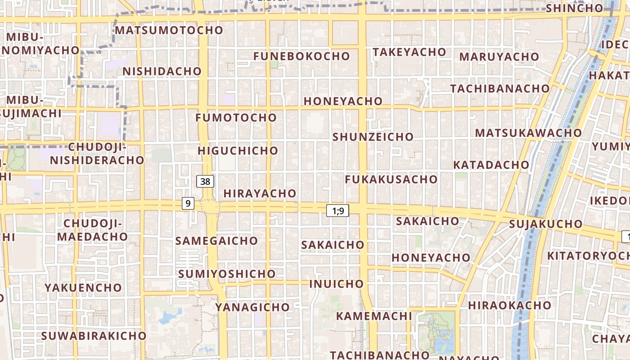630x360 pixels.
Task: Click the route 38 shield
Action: pos(205,181)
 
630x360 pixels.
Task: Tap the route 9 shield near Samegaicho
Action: pos(188,203)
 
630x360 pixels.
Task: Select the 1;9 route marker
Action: pos(337,210)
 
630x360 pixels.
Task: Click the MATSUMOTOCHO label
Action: pos(169,30)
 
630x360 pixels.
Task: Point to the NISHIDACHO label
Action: pos(162,71)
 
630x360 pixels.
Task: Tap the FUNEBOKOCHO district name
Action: pos(301,56)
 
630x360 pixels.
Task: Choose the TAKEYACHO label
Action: pos(409,52)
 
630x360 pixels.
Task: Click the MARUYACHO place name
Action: pos(499,57)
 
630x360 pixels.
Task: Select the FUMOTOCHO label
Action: pos(236,117)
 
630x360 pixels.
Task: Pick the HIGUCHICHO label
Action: pos(238,150)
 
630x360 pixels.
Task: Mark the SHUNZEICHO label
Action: pos(373,136)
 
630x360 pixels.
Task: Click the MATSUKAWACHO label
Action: pos(528,133)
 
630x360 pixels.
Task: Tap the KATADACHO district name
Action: pos(491,165)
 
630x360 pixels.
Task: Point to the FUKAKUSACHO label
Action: pos(391,179)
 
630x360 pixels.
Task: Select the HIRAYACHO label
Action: pos(260,193)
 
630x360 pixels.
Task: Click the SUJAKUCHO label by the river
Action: pos(546,224)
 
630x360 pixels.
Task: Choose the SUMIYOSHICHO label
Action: pos(227,274)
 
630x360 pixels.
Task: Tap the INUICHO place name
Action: pos(336,283)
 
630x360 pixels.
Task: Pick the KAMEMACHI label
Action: pos(368,315)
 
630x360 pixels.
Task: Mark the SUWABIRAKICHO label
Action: pos(94,336)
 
